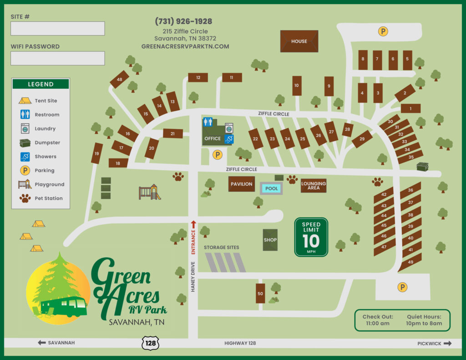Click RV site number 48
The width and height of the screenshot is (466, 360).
[x=119, y=80]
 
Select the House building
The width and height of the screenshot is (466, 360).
[x=299, y=41]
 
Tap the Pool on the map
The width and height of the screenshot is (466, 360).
[x=271, y=188]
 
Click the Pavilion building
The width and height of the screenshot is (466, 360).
[x=241, y=184]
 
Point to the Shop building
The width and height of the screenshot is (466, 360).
[x=270, y=240]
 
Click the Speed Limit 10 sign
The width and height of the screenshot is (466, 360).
[x=311, y=237]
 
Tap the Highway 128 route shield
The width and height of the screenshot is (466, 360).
[x=150, y=343]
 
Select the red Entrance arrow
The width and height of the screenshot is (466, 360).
[x=193, y=224]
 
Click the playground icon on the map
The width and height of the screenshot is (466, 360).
[x=150, y=192]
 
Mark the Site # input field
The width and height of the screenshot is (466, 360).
[x=58, y=29]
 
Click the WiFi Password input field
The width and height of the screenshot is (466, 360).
[x=58, y=58]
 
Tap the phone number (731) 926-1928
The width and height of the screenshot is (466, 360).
[x=183, y=21]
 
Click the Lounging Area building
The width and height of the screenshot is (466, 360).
[x=313, y=185]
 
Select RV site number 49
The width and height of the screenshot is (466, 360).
[x=410, y=263]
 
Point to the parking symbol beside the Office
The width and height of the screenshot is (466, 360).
[x=218, y=155]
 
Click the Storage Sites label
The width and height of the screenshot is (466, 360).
[x=221, y=247]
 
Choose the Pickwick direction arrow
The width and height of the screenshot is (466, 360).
[x=447, y=344]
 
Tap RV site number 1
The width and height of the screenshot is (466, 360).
[x=410, y=108]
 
